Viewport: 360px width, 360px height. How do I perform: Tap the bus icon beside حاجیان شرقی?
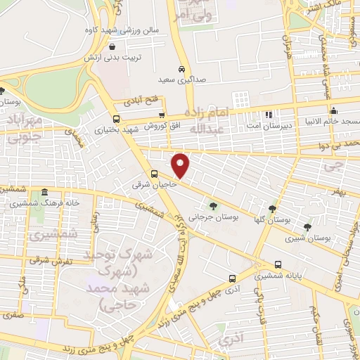click(x=154, y=174)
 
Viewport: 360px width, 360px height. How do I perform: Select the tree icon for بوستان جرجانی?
click(x=213, y=206)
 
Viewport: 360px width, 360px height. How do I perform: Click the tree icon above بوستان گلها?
click(x=272, y=209)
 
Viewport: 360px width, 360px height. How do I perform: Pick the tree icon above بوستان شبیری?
click(x=307, y=226)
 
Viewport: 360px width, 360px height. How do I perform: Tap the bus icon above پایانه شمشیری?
click(x=278, y=265)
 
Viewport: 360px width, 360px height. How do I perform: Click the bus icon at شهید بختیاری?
click(x=116, y=119)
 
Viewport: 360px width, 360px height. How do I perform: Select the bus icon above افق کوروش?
click(x=162, y=115)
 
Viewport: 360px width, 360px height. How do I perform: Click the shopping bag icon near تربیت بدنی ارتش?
click(x=112, y=46)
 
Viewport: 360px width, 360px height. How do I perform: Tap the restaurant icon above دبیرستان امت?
click(x=268, y=114)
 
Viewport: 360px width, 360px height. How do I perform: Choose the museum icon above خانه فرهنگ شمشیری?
click(x=44, y=192)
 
